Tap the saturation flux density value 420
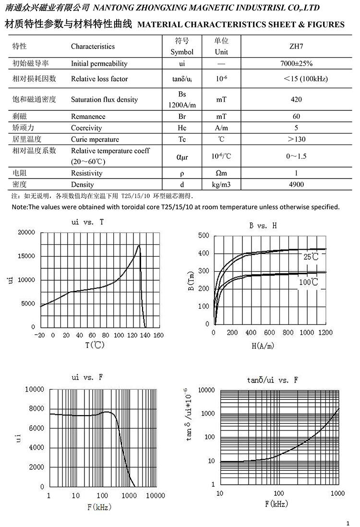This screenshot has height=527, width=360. click(296, 99)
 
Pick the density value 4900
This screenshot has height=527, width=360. click(296, 184)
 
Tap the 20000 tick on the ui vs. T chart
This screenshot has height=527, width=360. click(26, 233)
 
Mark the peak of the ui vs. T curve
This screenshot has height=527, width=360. click(139, 246)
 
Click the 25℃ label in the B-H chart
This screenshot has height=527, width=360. click(311, 257)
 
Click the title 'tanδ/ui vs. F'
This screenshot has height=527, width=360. click(273, 380)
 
